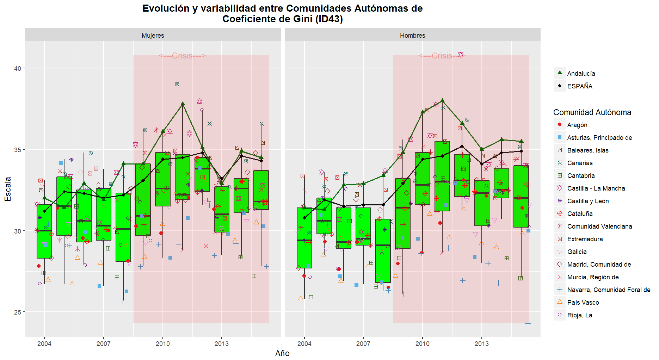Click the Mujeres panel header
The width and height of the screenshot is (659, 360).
pyautogui.click(x=153, y=36)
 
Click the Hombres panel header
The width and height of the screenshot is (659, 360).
pyautogui.click(x=412, y=36)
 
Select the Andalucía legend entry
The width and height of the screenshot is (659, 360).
pyautogui.click(x=581, y=74)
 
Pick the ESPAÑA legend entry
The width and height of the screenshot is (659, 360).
pyautogui.click(x=579, y=86)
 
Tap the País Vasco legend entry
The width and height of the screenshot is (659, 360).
pyautogui.click(x=583, y=303)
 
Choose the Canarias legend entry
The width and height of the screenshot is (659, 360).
pyautogui.click(x=580, y=163)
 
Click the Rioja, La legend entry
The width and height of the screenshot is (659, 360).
pyautogui.click(x=579, y=315)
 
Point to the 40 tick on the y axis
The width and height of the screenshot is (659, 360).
pyautogui.click(x=18, y=68)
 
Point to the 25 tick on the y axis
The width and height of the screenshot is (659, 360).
pyautogui.click(x=18, y=312)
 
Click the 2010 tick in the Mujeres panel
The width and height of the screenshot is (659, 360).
pyautogui.click(x=162, y=344)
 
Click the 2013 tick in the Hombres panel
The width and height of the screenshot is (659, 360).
pyautogui.click(x=481, y=344)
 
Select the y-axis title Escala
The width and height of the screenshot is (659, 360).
pyautogui.click(x=8, y=189)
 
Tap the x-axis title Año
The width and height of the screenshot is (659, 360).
pyautogui.click(x=282, y=353)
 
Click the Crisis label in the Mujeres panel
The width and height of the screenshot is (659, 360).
pyautogui.click(x=182, y=56)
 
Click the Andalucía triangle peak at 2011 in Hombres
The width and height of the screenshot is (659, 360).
pyautogui.click(x=442, y=100)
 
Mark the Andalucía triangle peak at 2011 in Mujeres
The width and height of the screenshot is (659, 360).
pyautogui.click(x=183, y=104)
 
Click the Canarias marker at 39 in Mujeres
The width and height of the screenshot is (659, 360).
pyautogui.click(x=177, y=84)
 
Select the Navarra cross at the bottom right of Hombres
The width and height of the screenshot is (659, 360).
pyautogui.click(x=528, y=324)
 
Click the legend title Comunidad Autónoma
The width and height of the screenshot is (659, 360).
pyautogui.click(x=592, y=112)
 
